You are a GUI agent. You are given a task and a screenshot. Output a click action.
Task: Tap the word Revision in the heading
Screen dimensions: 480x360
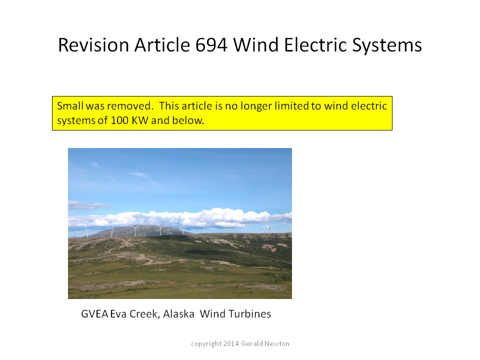click(x=93, y=45)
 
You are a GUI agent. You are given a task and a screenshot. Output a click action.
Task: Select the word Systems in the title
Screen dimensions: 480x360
click(x=387, y=46)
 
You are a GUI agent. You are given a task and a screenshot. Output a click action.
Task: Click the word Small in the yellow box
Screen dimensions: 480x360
click(x=70, y=106)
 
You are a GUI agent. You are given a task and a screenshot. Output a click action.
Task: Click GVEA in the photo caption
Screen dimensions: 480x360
click(x=94, y=314)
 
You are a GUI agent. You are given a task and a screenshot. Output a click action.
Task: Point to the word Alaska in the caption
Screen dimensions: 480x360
click(x=179, y=314)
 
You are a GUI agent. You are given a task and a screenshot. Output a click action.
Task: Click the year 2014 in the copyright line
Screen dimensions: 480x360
click(x=231, y=344)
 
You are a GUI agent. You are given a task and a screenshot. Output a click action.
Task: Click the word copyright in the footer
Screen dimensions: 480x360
click(x=206, y=344)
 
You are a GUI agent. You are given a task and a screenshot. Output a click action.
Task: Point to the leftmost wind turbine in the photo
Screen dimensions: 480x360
click(x=87, y=231)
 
